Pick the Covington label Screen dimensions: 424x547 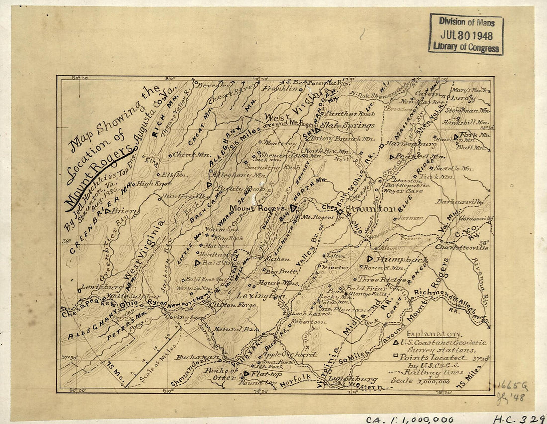pyautogui.click(x=183, y=317)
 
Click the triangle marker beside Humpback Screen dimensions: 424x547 pyautogui.click(x=370, y=259)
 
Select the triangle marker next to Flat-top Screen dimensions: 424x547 pyautogui.click(x=246, y=373)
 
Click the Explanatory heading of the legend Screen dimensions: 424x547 pyautogui.click(x=433, y=334)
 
